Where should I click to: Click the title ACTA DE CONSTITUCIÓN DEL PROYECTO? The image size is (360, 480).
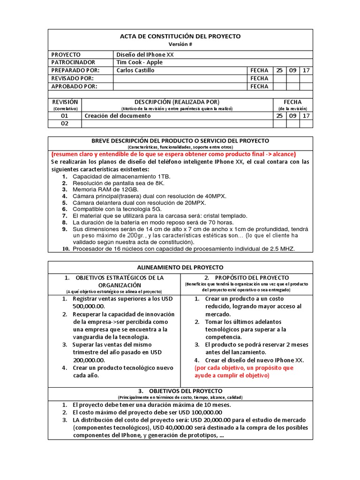[x=180, y=36]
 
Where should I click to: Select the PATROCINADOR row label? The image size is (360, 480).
[x=73, y=62]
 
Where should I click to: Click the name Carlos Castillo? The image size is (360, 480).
[x=135, y=70]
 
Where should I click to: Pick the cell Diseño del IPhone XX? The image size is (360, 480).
[x=145, y=55]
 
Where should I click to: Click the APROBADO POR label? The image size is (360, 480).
[x=74, y=86]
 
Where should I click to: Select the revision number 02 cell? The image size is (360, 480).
[x=65, y=124]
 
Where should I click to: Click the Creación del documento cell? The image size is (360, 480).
[x=118, y=116]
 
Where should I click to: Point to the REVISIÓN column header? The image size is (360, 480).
[x=65, y=102]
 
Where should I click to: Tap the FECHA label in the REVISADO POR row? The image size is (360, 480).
[x=259, y=78]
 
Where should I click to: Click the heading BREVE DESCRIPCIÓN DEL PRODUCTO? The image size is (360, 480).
[x=180, y=141]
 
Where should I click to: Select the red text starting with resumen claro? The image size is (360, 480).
[x=173, y=154]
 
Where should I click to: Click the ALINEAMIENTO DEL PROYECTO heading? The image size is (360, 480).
[x=180, y=267]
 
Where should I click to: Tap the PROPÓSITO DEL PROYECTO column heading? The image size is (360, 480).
[x=246, y=277]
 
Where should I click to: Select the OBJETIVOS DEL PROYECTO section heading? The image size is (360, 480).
[x=180, y=390]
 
